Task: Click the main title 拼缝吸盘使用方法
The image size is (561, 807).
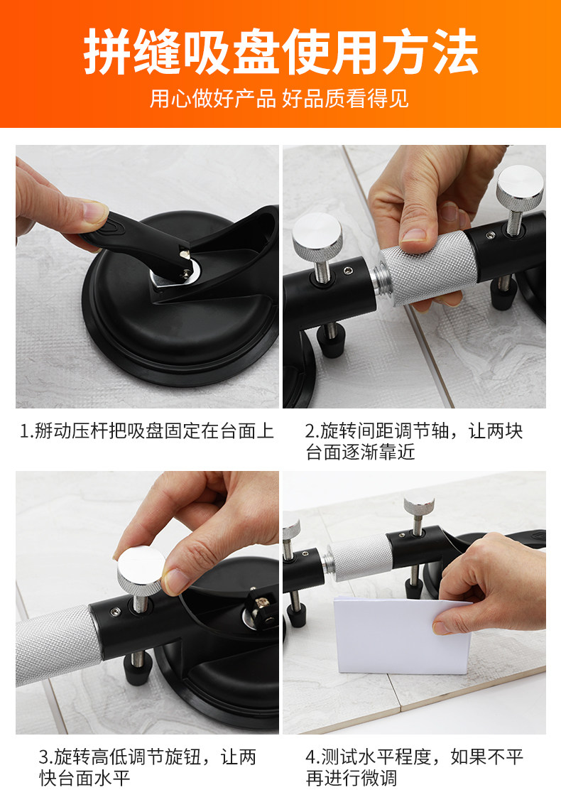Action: (x=280, y=51)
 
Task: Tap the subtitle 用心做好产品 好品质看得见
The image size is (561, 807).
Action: (x=280, y=98)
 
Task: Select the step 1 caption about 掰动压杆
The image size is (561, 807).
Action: (x=147, y=430)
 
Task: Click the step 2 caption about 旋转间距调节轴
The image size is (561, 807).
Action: (x=414, y=441)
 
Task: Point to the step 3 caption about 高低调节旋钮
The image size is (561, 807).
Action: (x=147, y=767)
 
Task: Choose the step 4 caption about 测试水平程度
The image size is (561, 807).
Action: (x=414, y=767)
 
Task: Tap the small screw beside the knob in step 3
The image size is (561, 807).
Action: (x=115, y=612)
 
